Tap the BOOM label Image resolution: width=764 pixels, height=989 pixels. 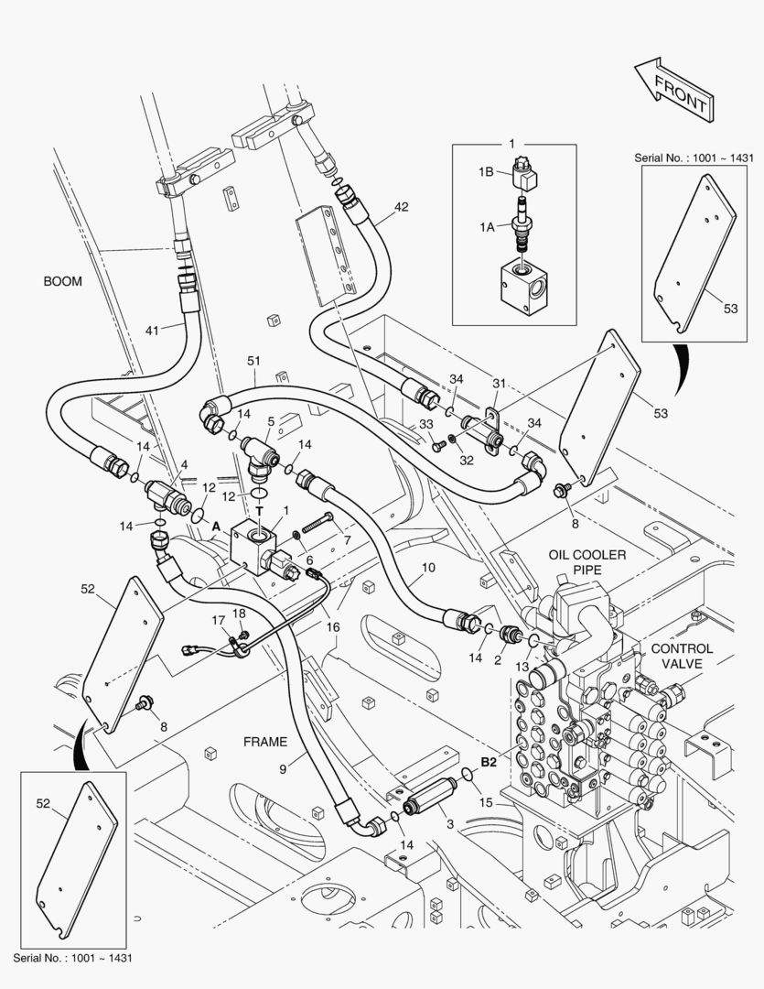click(62, 282)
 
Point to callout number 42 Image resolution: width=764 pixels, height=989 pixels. click(402, 207)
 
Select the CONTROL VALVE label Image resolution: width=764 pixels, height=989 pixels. click(681, 656)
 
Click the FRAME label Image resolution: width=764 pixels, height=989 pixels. click(265, 742)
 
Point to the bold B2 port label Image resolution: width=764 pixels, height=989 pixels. click(489, 762)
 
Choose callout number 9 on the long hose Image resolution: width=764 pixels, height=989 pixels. click(283, 769)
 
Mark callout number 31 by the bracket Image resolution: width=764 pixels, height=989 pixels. click(499, 384)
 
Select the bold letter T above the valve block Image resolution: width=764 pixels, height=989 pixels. click(259, 510)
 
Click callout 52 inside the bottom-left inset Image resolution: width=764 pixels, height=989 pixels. click(43, 803)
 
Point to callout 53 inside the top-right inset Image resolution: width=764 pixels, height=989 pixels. click(730, 309)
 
